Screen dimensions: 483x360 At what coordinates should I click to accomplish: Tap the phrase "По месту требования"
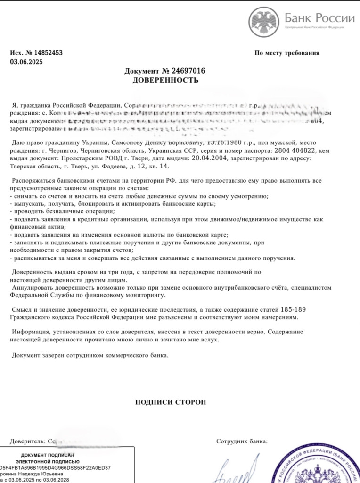pos(287,53)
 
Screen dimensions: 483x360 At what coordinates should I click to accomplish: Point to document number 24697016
pos(188,71)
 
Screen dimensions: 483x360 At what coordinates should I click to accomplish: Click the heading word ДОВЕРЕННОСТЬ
pos(165,80)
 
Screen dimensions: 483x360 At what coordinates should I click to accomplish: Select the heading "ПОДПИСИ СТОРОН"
pos(171,402)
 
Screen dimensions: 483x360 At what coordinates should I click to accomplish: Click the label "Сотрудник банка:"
pos(242,441)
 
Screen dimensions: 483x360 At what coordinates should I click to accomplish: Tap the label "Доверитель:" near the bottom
pos(28,441)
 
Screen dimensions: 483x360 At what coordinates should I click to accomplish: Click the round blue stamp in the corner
pos(318,467)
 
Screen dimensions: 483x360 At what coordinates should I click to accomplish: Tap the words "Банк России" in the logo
pos(319,18)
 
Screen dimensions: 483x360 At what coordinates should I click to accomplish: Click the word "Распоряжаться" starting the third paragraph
pos(33,181)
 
